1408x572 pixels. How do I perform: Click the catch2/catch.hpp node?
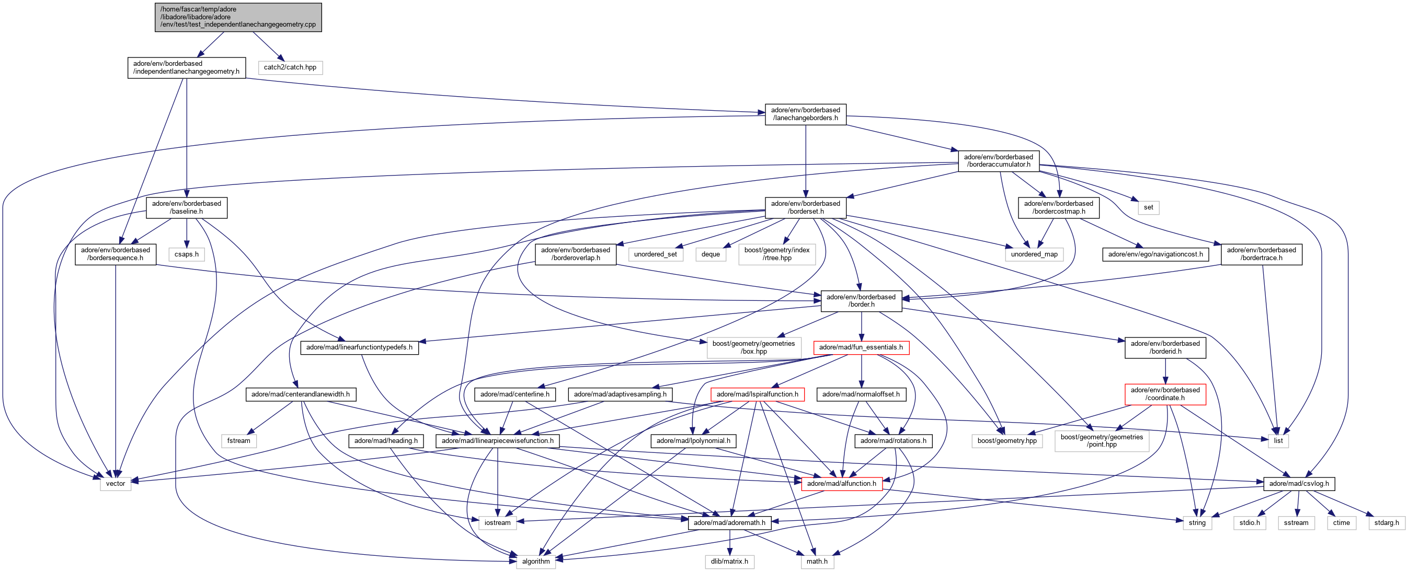[x=290, y=67]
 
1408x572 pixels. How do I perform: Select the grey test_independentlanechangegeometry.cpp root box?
[x=238, y=17]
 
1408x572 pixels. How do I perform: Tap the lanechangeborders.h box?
[x=805, y=114]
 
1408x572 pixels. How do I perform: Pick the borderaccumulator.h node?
[x=998, y=160]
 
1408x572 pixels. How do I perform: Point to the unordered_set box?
[x=655, y=254]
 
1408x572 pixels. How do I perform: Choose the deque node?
[x=710, y=254]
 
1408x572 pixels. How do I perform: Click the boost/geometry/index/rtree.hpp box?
[x=777, y=254]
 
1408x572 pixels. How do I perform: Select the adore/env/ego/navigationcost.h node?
[x=1155, y=254]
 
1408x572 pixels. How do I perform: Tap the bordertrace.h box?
[x=1261, y=254]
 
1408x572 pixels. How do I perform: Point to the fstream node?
[x=238, y=441]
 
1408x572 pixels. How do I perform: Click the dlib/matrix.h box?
[x=729, y=562]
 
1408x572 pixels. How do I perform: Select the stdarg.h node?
[x=1386, y=523]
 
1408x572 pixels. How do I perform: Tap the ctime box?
[x=1341, y=523]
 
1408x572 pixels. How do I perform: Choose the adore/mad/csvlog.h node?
[x=1298, y=484]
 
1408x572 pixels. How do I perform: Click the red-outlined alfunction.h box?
[x=841, y=484]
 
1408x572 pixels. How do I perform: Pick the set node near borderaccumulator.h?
[x=1148, y=207]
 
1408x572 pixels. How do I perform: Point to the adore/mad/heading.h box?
[x=385, y=441]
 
